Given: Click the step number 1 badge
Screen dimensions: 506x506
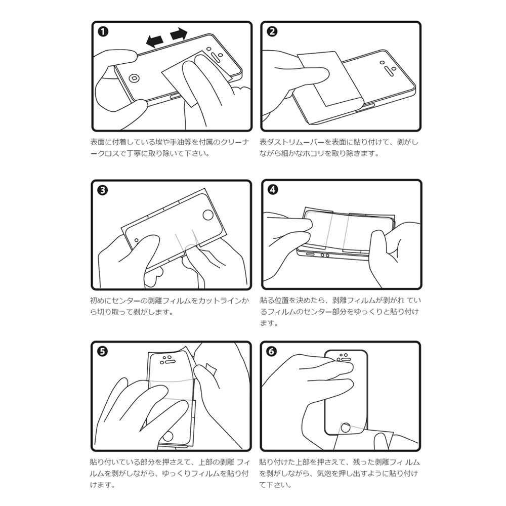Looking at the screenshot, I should point(103,32).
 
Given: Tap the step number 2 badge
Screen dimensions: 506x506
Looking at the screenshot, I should point(272,32).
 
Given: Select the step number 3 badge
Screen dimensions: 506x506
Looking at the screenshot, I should point(103,191).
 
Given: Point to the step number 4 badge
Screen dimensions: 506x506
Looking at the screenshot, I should point(272,191).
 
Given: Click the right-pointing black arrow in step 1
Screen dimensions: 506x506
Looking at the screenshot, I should point(179,34).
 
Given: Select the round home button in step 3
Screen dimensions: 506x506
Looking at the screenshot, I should point(207,215).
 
